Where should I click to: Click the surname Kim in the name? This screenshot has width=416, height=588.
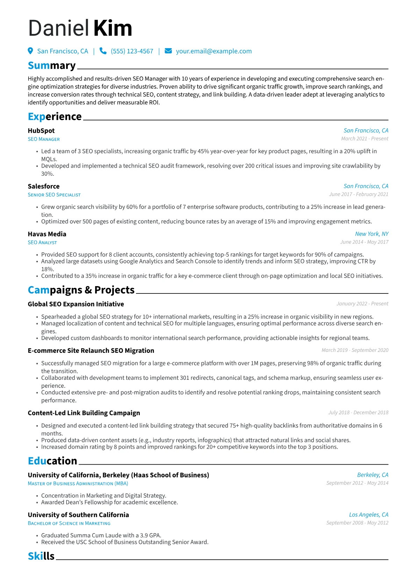tap(113, 28)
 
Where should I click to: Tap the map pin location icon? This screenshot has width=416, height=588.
tap(30, 51)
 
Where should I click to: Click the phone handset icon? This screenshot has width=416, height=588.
tap(103, 51)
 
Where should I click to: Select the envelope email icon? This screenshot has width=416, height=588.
tap(168, 51)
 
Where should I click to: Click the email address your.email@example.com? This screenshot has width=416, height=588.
tap(214, 51)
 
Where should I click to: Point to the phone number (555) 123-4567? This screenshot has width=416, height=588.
tap(132, 51)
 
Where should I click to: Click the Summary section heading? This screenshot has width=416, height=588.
tap(52, 66)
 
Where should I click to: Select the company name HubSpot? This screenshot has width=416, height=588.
tap(41, 131)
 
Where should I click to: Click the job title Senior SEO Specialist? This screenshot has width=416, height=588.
tap(54, 195)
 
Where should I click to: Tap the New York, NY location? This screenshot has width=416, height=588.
tap(372, 234)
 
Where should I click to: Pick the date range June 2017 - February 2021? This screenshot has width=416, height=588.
tap(358, 194)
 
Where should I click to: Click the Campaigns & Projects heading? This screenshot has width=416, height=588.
tap(81, 290)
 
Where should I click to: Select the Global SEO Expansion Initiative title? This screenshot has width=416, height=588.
tap(76, 304)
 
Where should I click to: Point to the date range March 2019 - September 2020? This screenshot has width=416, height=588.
tap(355, 350)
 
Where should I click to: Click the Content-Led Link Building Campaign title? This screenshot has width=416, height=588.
tap(84, 413)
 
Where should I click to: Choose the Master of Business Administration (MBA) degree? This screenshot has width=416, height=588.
tap(78, 484)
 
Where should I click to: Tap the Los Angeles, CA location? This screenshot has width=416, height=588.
tap(368, 515)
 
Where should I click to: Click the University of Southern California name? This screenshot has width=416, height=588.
tap(78, 515)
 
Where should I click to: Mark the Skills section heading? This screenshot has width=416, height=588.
tap(41, 556)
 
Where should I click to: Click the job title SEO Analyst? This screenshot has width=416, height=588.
tap(42, 242)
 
